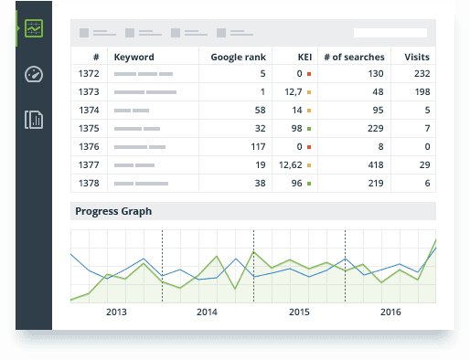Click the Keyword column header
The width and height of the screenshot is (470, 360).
(134, 57)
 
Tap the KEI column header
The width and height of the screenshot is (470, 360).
(305, 57)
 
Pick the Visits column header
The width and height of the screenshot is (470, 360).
(417, 57)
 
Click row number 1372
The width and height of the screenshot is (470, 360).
(89, 73)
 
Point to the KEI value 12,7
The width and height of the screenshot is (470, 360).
(293, 91)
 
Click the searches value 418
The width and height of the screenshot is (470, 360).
(375, 164)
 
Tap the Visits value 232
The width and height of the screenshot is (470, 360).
(421, 73)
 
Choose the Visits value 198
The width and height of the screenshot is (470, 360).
(421, 91)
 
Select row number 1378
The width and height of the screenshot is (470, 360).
(89, 183)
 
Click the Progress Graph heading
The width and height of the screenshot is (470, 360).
(113, 211)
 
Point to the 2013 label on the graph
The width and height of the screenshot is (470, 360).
(116, 312)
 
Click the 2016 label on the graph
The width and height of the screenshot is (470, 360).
(390, 312)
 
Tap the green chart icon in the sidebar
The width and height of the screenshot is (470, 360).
(34, 29)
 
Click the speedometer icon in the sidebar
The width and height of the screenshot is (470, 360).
(34, 74)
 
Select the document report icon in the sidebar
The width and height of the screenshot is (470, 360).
(34, 119)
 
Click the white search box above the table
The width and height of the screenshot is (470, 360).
(390, 33)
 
